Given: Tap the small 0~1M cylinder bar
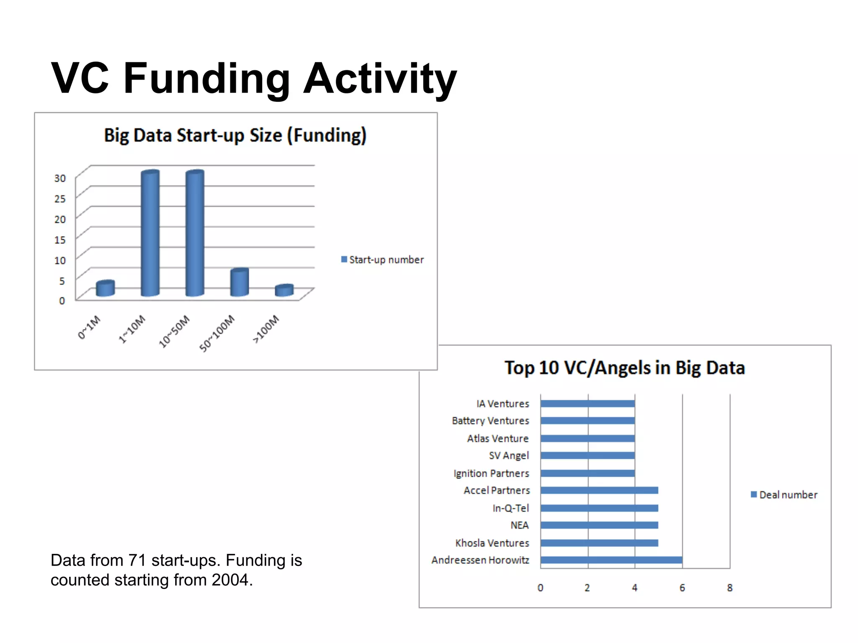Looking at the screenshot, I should tap(105, 288).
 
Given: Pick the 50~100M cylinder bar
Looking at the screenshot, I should tap(239, 283).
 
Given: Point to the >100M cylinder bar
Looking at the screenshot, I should tap(284, 291).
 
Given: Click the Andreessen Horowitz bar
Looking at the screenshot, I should tap(611, 560).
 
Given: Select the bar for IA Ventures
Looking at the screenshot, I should tap(587, 404).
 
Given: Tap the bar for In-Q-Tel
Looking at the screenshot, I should tap(599, 508).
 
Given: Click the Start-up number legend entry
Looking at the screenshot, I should tap(382, 260).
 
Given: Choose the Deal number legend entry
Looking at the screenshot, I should tap(784, 495).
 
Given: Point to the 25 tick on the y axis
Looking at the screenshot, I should tap(60, 198).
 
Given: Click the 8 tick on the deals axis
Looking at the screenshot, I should tap(730, 588).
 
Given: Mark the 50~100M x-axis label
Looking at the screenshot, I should tap(217, 334).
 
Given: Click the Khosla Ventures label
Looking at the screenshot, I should tap(492, 543).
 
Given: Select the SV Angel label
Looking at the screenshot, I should tap(509, 455).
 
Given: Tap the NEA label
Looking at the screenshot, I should tap(519, 525).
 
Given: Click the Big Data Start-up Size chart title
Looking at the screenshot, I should tap(235, 136).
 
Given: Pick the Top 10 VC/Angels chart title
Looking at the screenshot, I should tap(625, 368).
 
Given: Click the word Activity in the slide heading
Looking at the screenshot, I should tap(380, 79).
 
